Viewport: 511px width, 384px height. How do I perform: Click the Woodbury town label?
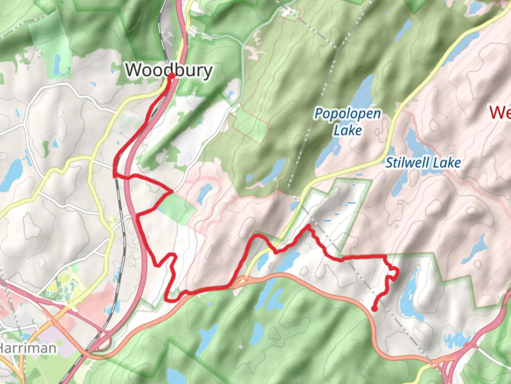(169, 70)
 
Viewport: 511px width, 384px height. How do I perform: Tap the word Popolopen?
(348, 114)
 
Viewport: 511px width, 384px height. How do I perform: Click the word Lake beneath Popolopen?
(348, 130)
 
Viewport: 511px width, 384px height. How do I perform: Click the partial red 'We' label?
(500, 112)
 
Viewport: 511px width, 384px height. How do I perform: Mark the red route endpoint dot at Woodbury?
(171, 75)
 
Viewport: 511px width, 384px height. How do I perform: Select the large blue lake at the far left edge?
(11, 174)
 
